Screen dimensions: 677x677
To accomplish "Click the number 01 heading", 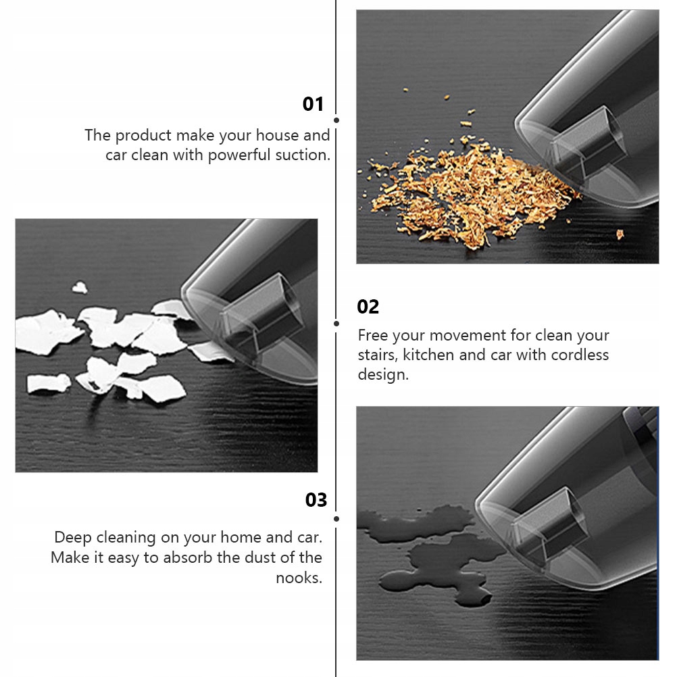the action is (x=313, y=104).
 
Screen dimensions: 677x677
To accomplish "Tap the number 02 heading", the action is (x=368, y=307).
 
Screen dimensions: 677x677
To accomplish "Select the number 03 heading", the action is (x=316, y=500).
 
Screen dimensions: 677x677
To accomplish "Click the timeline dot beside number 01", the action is (x=336, y=120).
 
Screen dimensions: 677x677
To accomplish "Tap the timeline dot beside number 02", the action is (x=336, y=324).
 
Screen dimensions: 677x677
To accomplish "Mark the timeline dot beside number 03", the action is (x=336, y=518).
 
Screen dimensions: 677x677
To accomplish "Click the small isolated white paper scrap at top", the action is (x=80, y=288).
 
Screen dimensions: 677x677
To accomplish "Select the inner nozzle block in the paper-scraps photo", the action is (x=261, y=311).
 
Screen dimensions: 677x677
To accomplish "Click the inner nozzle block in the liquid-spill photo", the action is (x=549, y=524).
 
